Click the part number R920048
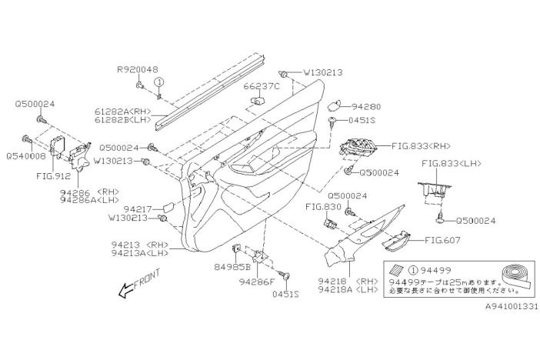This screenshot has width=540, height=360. point(138,68)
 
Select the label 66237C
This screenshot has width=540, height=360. point(263,86)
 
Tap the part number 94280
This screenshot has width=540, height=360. point(366,106)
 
